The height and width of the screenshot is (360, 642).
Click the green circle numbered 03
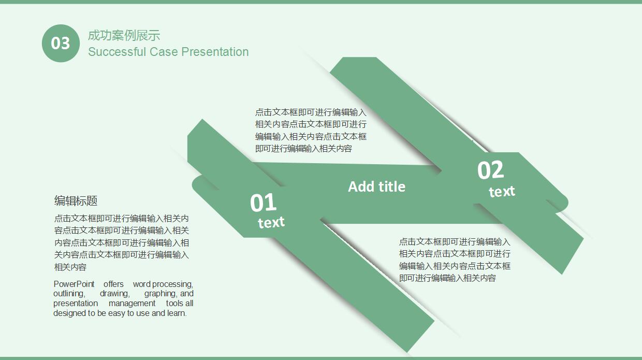61,43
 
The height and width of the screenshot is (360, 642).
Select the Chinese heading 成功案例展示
124,35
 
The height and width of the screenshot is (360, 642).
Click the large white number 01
264,203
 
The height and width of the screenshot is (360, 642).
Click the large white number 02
490,170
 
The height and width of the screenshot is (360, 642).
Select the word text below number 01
271,223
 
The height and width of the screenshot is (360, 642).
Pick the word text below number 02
502,192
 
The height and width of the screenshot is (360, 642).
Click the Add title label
376,186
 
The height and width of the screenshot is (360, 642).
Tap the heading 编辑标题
76,201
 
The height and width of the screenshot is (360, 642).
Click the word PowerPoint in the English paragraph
74,284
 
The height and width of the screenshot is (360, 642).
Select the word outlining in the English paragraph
68,294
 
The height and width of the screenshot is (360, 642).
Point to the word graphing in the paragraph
160,294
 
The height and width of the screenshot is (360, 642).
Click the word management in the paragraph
132,304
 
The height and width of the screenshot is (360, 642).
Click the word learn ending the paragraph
176,313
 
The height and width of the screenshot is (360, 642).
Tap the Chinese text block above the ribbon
311,131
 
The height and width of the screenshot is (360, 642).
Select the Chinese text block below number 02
455,260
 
